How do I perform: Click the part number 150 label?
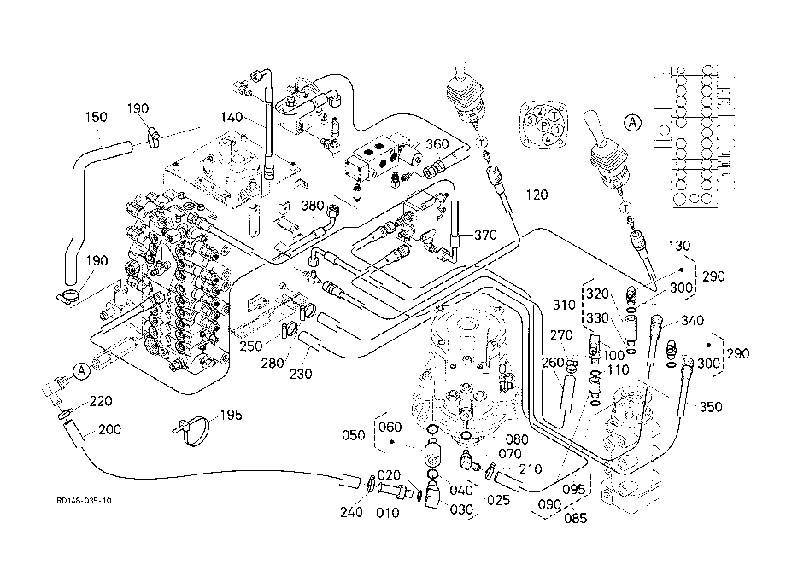click(x=97, y=117)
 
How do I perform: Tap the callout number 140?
click(x=232, y=117)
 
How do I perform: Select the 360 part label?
click(x=437, y=144)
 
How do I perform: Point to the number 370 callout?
click(x=485, y=235)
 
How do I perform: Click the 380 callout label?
click(x=312, y=206)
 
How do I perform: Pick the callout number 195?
click(x=231, y=415)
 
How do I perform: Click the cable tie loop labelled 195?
click(x=193, y=430)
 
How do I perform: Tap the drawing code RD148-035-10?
click(x=84, y=500)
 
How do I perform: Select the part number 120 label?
click(x=537, y=195)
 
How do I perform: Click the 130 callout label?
click(x=679, y=246)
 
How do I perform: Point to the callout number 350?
click(x=710, y=407)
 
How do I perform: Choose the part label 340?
click(x=692, y=320)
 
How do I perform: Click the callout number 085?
click(x=575, y=518)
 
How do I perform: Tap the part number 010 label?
click(x=388, y=513)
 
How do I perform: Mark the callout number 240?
click(x=351, y=512)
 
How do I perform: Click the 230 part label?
click(x=301, y=374)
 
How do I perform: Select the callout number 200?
click(x=109, y=429)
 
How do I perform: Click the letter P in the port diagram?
click(x=543, y=125)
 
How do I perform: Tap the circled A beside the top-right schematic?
click(x=632, y=122)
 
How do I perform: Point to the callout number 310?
click(x=564, y=305)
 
